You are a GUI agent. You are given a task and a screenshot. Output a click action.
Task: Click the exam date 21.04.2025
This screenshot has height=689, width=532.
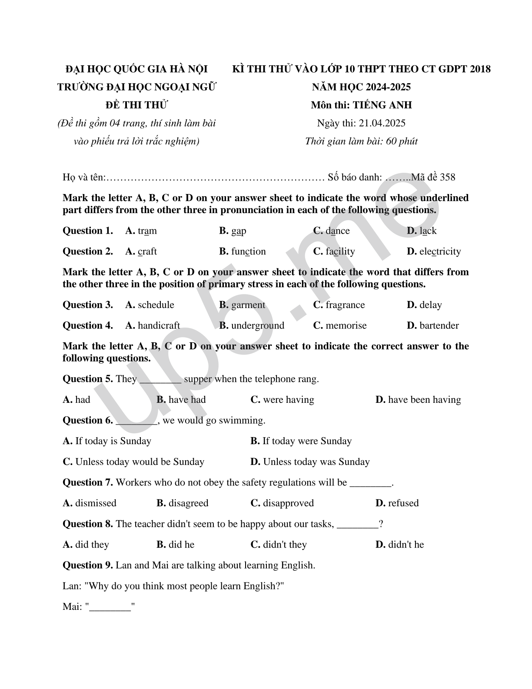pos(382,123)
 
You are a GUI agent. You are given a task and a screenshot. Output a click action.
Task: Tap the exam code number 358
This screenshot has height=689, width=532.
pos(447,177)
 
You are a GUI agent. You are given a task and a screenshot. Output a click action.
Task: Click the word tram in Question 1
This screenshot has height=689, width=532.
pos(147,231)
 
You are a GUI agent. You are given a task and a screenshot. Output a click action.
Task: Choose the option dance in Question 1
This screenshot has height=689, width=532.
pos(337,231)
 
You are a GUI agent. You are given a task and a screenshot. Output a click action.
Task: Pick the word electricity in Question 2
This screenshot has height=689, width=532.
pos(440,251)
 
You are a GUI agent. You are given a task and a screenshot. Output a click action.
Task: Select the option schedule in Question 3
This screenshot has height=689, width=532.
pos(156,305)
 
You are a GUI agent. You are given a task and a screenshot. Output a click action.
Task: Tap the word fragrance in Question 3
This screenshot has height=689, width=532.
pos(345,305)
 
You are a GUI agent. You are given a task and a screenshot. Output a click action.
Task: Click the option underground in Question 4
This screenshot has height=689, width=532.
pos(258,326)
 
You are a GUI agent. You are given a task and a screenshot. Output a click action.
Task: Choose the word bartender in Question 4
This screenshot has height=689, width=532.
pos(439,326)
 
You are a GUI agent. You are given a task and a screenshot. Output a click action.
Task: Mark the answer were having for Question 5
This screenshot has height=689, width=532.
pos(288,400)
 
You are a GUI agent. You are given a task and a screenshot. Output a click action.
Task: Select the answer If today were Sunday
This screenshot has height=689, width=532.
pos(307,441)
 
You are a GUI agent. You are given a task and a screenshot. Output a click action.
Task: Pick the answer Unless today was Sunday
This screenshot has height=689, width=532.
pos(316,462)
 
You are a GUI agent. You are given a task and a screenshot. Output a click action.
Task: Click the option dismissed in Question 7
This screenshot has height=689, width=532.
pos(96,503)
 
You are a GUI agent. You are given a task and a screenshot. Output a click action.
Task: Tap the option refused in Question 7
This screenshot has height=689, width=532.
pos(403,503)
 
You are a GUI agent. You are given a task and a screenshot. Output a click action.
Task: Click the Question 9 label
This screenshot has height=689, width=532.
pos(88,565)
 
